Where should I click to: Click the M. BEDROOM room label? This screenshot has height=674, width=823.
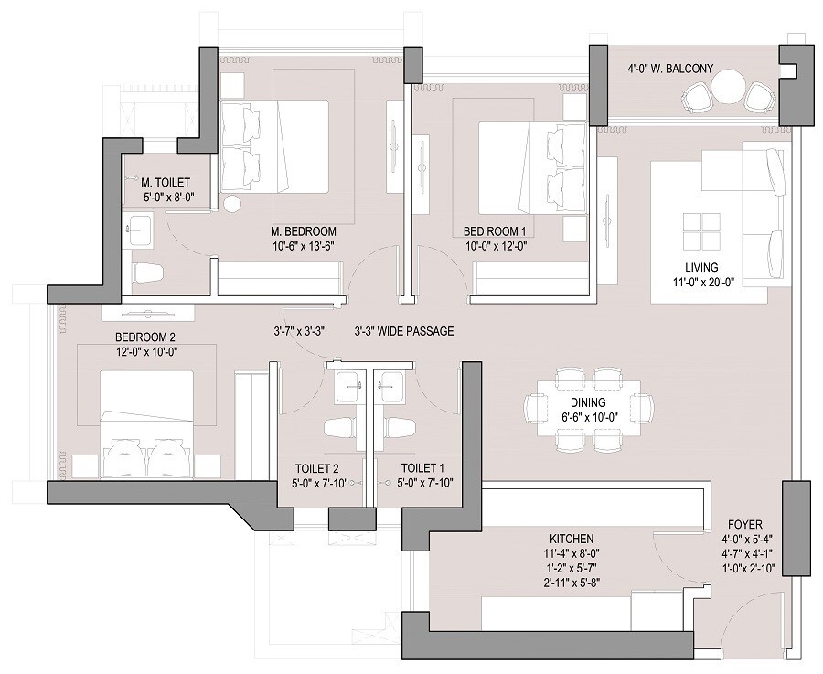pos(303,230)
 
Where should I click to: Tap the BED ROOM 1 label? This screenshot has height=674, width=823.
pos(495,230)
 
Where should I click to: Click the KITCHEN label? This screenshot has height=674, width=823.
pos(572,539)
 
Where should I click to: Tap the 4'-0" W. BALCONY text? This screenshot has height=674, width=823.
pos(670,68)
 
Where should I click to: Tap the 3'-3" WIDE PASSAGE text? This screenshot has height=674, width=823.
pos(403,331)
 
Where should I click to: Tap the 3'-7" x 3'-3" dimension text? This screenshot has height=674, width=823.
pos(305,331)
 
